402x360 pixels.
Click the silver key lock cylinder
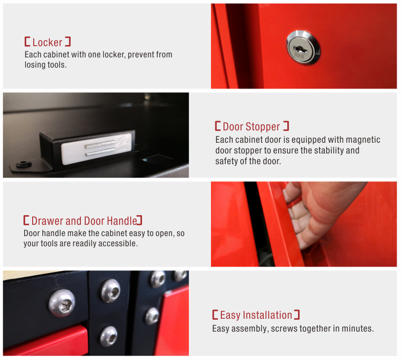click(x=303, y=48)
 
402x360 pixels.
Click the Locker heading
click(x=48, y=42)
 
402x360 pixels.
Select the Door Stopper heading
click(x=252, y=127)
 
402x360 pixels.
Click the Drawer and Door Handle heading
click(x=83, y=221)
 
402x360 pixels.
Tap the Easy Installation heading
click(x=256, y=315)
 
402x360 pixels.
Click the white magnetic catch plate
click(x=96, y=149)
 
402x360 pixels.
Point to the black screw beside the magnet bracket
click(x=24, y=164)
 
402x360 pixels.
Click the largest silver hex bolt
click(x=62, y=303)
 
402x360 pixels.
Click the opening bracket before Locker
click(x=27, y=41)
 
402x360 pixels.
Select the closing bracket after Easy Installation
click(x=297, y=314)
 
